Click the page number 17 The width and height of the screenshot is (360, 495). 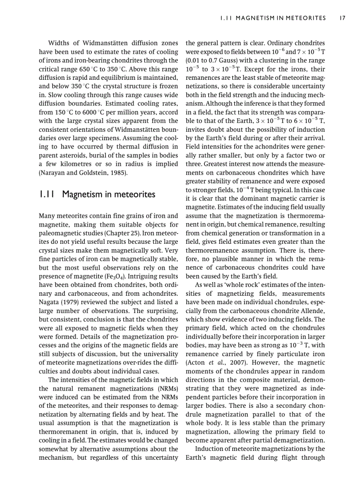(x=342, y=18)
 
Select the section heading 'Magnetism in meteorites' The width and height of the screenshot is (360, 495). (x=109, y=194)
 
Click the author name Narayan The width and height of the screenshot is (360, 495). (x=54, y=172)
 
